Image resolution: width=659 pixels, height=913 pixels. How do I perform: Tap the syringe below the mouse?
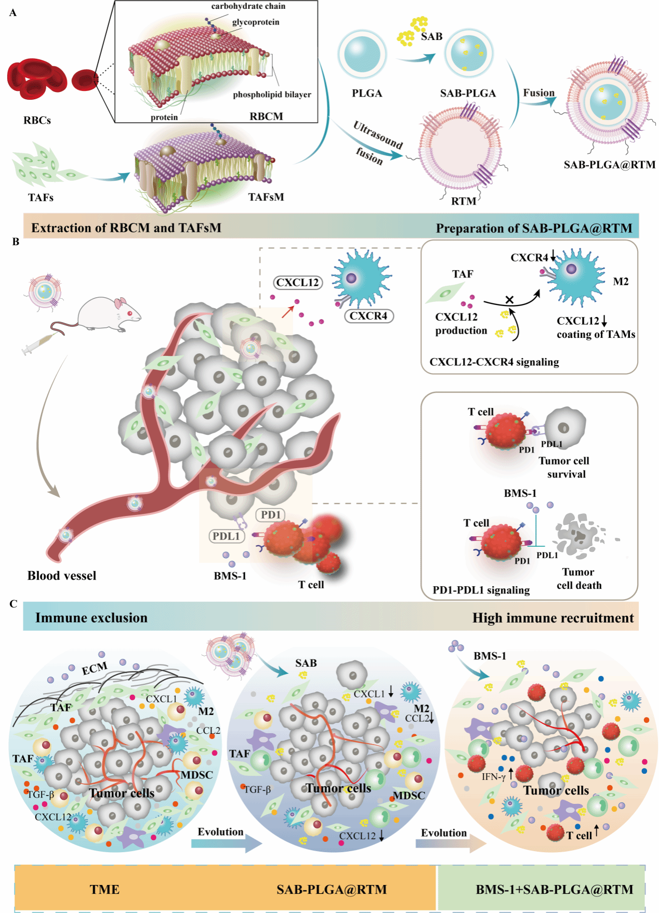[39, 344]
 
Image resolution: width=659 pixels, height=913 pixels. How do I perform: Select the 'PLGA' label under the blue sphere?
[367, 94]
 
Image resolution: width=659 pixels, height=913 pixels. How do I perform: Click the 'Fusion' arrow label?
[538, 93]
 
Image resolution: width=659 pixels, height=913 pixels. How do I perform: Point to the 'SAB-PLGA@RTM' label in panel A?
[609, 165]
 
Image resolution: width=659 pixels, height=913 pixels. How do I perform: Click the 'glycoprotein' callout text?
[256, 22]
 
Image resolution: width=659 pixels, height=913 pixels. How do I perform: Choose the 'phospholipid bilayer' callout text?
[272, 95]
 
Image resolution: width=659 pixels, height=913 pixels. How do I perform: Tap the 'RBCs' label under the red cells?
[37, 121]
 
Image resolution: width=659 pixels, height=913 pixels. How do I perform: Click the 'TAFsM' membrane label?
[266, 197]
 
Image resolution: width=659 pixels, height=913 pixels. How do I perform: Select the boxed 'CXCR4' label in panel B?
[368, 316]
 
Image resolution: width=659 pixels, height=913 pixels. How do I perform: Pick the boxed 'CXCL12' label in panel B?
[297, 283]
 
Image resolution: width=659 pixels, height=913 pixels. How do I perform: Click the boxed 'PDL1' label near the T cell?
[226, 536]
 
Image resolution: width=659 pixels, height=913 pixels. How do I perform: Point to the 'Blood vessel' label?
[62, 576]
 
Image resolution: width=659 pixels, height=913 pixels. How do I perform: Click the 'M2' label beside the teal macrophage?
[621, 282]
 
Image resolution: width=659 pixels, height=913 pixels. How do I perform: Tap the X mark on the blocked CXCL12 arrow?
[509, 300]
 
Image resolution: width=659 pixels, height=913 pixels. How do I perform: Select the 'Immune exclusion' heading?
[91, 618]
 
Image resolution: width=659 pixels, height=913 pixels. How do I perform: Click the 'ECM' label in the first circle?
[94, 668]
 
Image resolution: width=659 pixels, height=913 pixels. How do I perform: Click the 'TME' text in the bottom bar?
[104, 890]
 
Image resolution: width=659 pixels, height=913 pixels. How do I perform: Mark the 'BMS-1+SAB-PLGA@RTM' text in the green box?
[555, 890]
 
